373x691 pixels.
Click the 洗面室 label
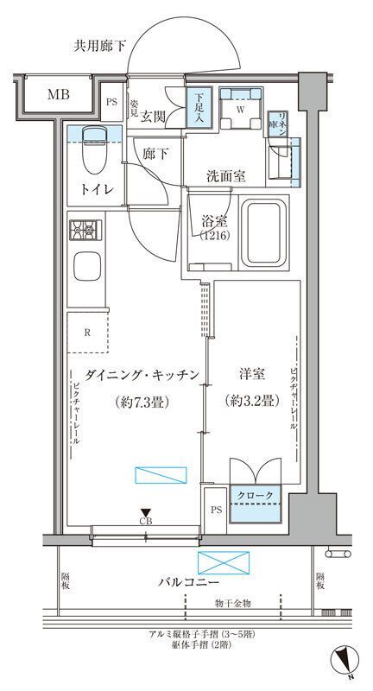click(226, 175)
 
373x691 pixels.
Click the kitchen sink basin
click(87, 269)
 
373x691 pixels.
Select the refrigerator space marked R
click(89, 332)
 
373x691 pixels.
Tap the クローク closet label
click(255, 495)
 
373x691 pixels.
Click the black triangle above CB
click(146, 511)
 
